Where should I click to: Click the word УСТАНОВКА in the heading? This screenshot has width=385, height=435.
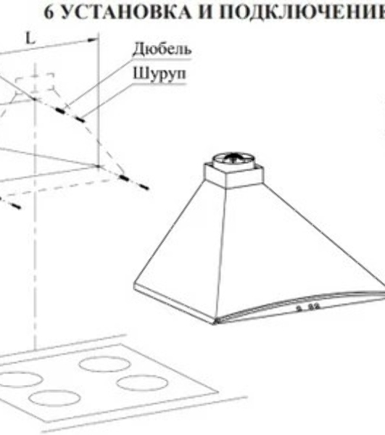point(125,12)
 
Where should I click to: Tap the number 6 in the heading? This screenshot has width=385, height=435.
point(49,12)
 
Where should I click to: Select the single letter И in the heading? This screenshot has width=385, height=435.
point(207,12)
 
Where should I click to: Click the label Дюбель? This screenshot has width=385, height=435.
point(162,49)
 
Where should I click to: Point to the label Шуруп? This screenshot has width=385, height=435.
point(160,74)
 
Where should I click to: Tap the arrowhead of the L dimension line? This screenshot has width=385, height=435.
point(94,40)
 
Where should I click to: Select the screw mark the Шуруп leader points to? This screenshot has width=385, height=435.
point(80,120)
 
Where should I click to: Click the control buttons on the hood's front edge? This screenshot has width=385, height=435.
point(309,307)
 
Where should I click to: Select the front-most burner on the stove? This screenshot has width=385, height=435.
point(54,397)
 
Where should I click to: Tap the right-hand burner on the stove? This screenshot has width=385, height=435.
point(142,383)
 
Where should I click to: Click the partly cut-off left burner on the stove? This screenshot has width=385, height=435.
point(21,379)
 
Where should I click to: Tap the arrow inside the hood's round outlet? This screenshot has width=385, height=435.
point(233,157)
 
